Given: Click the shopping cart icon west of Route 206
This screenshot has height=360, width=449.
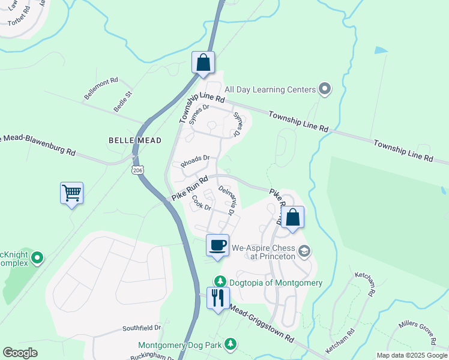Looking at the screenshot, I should pos(71,194).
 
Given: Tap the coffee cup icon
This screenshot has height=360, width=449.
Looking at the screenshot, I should pos(217,245).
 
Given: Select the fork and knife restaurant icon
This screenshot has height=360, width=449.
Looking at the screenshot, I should pos(217,298).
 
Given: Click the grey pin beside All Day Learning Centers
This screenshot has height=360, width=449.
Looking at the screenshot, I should pos(325,89).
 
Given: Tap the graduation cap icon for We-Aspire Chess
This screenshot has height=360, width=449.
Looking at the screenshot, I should pos(304,251).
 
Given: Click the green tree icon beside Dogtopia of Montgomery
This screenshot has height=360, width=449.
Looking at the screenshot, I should pos(220,282).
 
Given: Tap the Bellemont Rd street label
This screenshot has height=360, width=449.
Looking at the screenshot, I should pos(101,88).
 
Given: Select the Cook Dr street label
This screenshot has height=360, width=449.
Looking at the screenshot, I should pos(201,204).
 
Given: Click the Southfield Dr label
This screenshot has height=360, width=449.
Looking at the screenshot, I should pos(142,328).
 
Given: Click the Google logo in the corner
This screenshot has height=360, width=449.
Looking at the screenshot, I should pos(20,353).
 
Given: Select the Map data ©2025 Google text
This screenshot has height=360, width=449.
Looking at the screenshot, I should pos(412,355).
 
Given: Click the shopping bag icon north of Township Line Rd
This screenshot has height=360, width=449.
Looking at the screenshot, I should pos(203,62).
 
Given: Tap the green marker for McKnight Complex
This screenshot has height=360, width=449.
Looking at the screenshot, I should pos(37,258).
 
